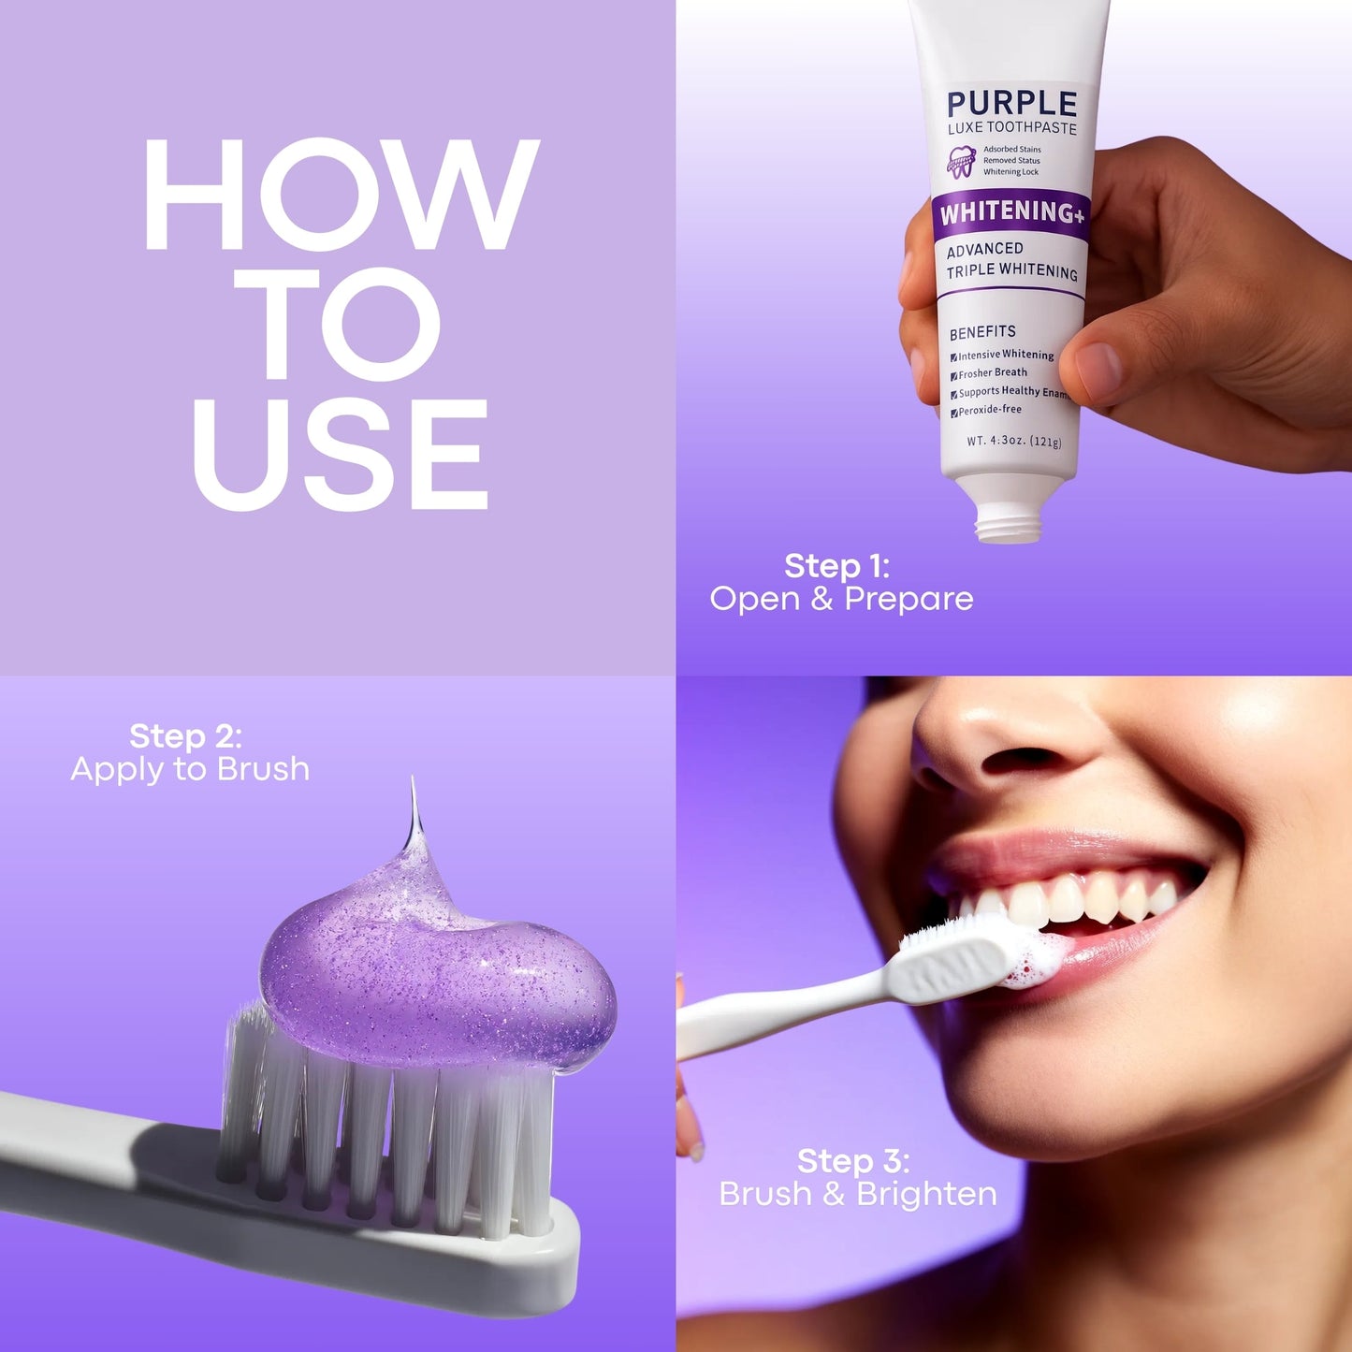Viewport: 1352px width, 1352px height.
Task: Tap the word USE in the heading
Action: click(341, 455)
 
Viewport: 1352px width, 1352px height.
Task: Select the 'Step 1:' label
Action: click(836, 566)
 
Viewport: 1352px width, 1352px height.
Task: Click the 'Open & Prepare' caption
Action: click(841, 599)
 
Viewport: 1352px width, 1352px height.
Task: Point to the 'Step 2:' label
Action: click(185, 736)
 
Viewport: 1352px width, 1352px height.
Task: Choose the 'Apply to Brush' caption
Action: click(190, 769)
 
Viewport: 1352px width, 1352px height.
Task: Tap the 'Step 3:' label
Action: click(852, 1161)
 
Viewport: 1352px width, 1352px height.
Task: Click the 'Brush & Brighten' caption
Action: click(858, 1194)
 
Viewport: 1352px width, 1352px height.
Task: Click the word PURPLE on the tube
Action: click(1011, 104)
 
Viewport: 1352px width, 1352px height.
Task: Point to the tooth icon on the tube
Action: click(961, 162)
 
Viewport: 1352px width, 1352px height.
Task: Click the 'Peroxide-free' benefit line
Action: click(989, 410)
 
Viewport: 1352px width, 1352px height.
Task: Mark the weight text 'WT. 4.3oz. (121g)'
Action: click(1013, 441)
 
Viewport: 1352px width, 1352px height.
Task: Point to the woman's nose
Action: click(992, 739)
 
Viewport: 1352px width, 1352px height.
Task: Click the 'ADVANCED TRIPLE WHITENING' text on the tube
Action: click(1010, 260)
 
